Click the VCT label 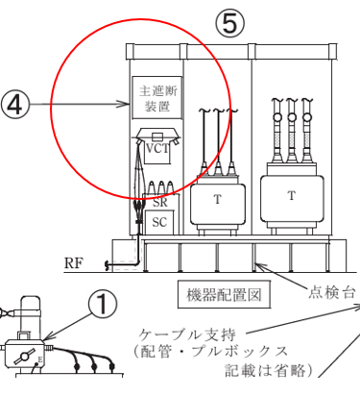157,149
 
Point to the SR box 160,204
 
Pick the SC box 160,221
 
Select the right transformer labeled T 292,196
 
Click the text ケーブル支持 184,333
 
